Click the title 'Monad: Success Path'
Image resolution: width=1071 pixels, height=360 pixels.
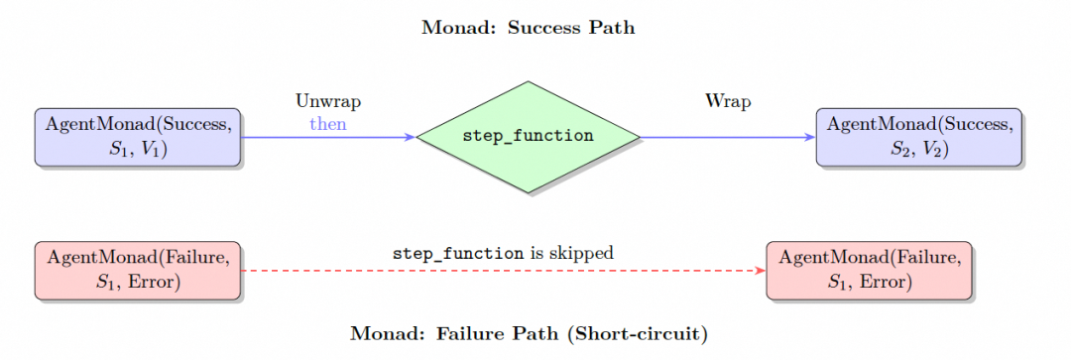529,28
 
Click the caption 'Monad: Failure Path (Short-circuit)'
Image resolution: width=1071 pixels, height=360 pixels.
529,333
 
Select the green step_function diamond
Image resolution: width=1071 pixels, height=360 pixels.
529,137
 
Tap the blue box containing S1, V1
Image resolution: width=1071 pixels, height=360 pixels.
137,137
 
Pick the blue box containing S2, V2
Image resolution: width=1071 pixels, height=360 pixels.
918,137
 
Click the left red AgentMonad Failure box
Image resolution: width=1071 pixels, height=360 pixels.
137,269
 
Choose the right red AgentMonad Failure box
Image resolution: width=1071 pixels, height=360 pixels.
869,269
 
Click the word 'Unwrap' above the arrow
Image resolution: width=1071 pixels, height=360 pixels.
328,101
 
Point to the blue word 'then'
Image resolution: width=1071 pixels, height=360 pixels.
328,124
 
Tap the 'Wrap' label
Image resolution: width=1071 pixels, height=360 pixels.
728,101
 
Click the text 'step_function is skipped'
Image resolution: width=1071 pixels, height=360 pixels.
503,253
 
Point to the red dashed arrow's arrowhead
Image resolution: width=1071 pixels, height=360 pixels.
760,270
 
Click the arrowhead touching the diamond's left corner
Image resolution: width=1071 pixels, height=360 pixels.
410,137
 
